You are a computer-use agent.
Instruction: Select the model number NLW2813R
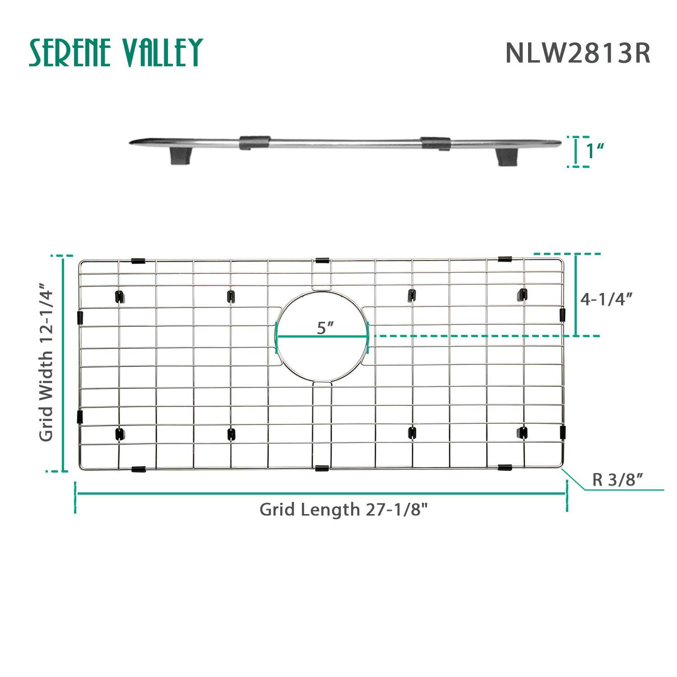pyautogui.click(x=577, y=53)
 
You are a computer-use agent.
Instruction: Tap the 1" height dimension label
pyautogui.click(x=594, y=151)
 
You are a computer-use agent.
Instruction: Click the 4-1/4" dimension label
pyautogui.click(x=606, y=299)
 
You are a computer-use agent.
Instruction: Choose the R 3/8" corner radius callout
pyautogui.click(x=617, y=479)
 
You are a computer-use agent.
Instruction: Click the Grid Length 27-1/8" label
pyautogui.click(x=343, y=510)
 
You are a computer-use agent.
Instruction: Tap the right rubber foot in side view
pyautogui.click(x=507, y=157)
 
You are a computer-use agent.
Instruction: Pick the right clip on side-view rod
pyautogui.click(x=436, y=143)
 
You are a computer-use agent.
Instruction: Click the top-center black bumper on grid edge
pyautogui.click(x=322, y=260)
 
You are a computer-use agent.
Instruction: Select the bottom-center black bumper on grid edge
pyautogui.click(x=322, y=468)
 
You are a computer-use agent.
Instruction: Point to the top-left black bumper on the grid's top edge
pyautogui.click(x=138, y=261)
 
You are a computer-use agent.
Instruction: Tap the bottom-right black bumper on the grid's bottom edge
pyautogui.click(x=505, y=467)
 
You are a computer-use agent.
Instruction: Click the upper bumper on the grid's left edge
pyautogui.click(x=80, y=317)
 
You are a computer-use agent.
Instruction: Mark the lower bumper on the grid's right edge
pyautogui.click(x=562, y=432)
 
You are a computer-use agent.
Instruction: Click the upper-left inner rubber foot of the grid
pyautogui.click(x=120, y=297)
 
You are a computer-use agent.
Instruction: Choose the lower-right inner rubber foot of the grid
pyautogui.click(x=523, y=433)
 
